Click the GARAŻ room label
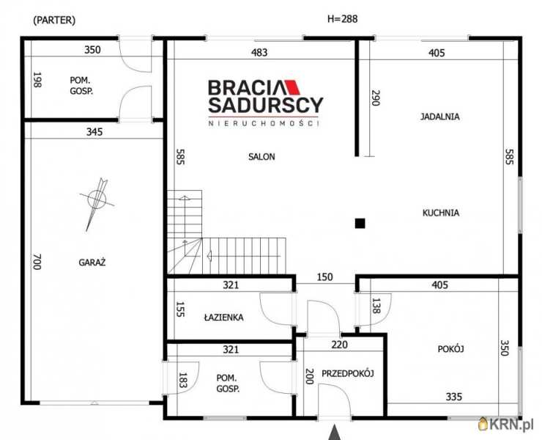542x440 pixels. pyautogui.click(x=92, y=263)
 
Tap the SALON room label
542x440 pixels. pyautogui.click(x=261, y=157)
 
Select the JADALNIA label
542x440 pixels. pyautogui.click(x=439, y=117)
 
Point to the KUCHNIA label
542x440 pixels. pyautogui.click(x=441, y=213)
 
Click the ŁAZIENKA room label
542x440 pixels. pyautogui.click(x=223, y=317)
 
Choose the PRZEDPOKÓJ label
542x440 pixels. pyautogui.click(x=348, y=373)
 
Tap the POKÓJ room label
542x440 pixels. pyautogui.click(x=450, y=349)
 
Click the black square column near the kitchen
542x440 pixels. pyautogui.click(x=360, y=223)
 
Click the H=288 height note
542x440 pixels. pyautogui.click(x=342, y=18)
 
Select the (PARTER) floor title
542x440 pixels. pyautogui.click(x=54, y=20)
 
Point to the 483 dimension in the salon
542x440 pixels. pyautogui.click(x=259, y=52)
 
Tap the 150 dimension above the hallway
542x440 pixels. pyautogui.click(x=325, y=277)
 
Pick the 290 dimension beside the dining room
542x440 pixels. pyautogui.click(x=376, y=98)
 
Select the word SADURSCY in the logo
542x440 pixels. pyautogui.click(x=265, y=105)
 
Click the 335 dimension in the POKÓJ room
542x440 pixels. pyautogui.click(x=454, y=397)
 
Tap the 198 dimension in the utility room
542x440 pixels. pyautogui.click(x=37, y=80)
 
